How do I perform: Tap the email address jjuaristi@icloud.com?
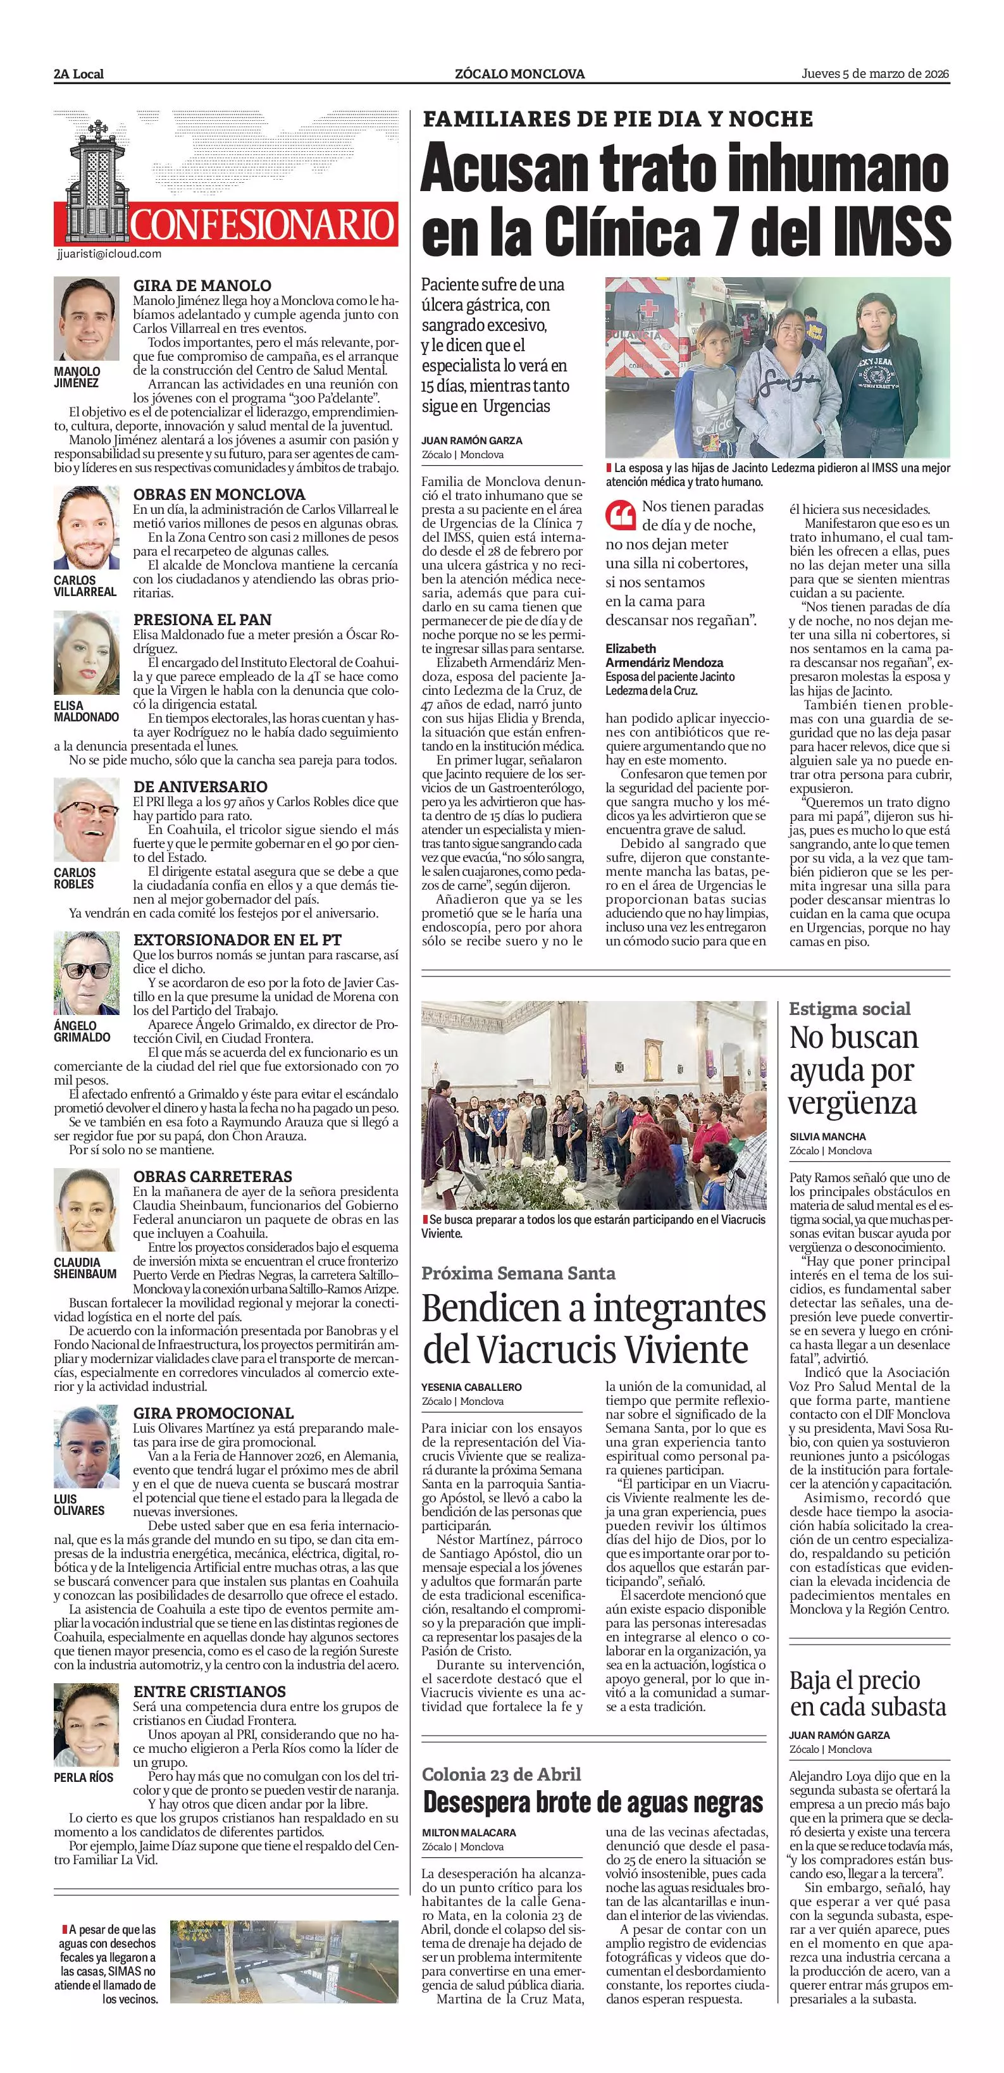point(109,254)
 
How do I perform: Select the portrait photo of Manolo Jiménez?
point(86,319)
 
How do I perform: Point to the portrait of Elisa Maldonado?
point(86,654)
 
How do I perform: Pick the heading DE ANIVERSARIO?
point(201,786)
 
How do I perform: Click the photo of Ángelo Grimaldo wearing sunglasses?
point(86,974)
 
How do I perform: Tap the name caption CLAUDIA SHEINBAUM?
point(85,1268)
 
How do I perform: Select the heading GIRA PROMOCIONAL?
point(213,1413)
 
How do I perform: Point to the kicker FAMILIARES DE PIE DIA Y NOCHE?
point(618,119)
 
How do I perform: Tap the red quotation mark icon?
point(620,515)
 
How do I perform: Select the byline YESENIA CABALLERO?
point(471,1387)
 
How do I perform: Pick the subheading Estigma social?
point(850,1009)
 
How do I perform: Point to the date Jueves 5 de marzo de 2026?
point(876,74)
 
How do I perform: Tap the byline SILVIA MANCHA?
point(828,1136)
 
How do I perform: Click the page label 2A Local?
point(79,74)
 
